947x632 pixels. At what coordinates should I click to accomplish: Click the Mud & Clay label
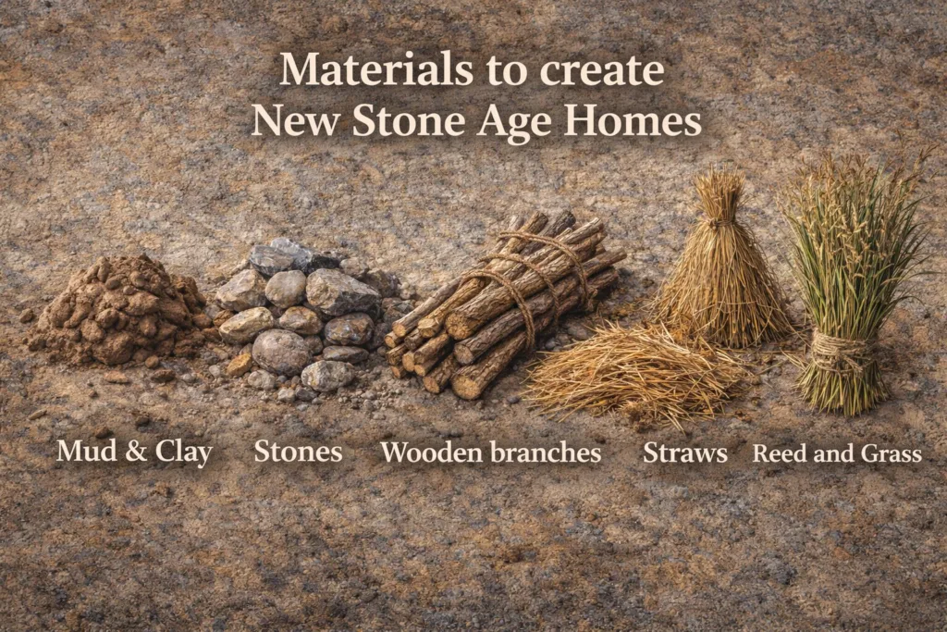click(134, 452)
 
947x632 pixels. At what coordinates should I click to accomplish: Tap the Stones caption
click(298, 452)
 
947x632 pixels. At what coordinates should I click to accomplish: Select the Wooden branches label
click(491, 452)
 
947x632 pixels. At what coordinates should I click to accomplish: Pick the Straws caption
click(684, 452)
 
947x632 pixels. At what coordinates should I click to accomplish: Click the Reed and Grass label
click(837, 453)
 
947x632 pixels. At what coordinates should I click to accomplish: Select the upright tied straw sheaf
click(721, 268)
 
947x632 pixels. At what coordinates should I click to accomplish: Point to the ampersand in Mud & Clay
click(130, 452)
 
